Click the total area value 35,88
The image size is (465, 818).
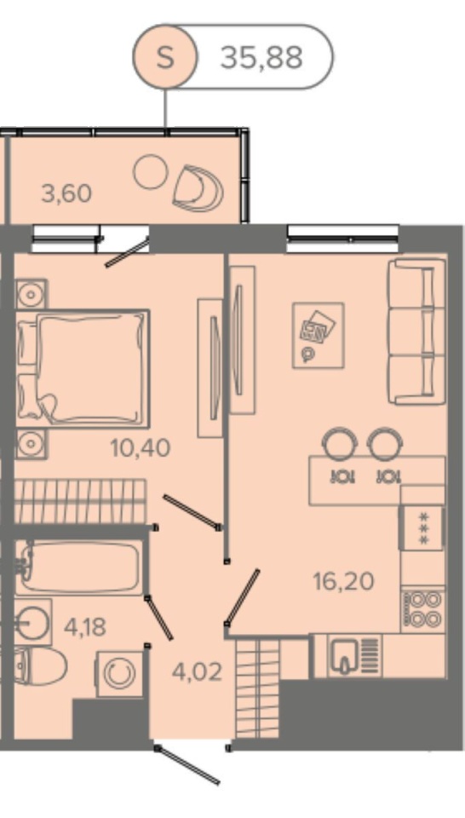point(261,57)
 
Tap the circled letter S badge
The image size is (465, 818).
point(165,57)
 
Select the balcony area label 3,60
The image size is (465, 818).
point(66,193)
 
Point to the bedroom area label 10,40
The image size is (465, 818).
point(141,447)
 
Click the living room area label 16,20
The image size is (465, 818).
point(343,581)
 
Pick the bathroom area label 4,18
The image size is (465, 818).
point(85,626)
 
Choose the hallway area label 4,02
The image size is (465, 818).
point(197,672)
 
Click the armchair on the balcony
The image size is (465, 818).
point(198,187)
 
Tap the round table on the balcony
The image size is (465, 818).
point(150,171)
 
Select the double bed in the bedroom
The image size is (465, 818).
point(83,368)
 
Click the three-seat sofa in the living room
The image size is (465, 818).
point(416,331)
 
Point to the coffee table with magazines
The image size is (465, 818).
point(318,336)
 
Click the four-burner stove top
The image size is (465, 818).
point(422,610)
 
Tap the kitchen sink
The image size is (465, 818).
point(346,655)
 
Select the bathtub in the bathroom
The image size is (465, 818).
point(78,567)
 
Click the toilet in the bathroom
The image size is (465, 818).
point(41,666)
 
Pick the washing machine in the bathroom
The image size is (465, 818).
point(119,673)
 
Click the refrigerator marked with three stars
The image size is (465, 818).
point(422,528)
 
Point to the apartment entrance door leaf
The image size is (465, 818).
point(188,766)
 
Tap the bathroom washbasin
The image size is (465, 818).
point(33,622)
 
